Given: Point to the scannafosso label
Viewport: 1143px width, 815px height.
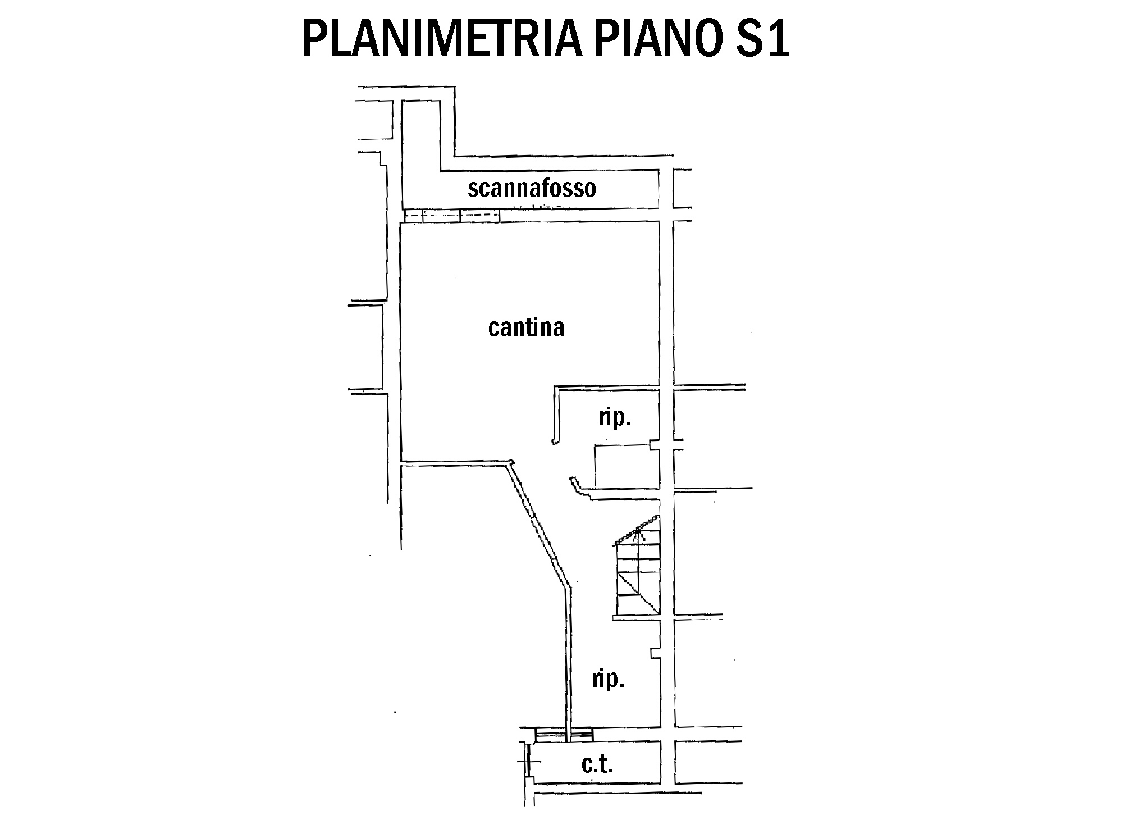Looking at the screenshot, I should [532, 189].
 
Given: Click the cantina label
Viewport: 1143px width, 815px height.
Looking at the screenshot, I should [526, 327].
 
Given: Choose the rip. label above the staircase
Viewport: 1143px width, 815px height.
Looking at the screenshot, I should [615, 418].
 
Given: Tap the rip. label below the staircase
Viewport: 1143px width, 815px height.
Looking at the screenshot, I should [609, 680].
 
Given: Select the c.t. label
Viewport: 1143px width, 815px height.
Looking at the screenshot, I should [597, 764].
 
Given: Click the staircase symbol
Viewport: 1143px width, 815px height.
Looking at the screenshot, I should [638, 573].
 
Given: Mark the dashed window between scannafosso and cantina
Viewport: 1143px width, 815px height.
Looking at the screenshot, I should [452, 216].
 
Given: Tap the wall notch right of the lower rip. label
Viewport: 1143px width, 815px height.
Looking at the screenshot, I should [655, 653].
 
